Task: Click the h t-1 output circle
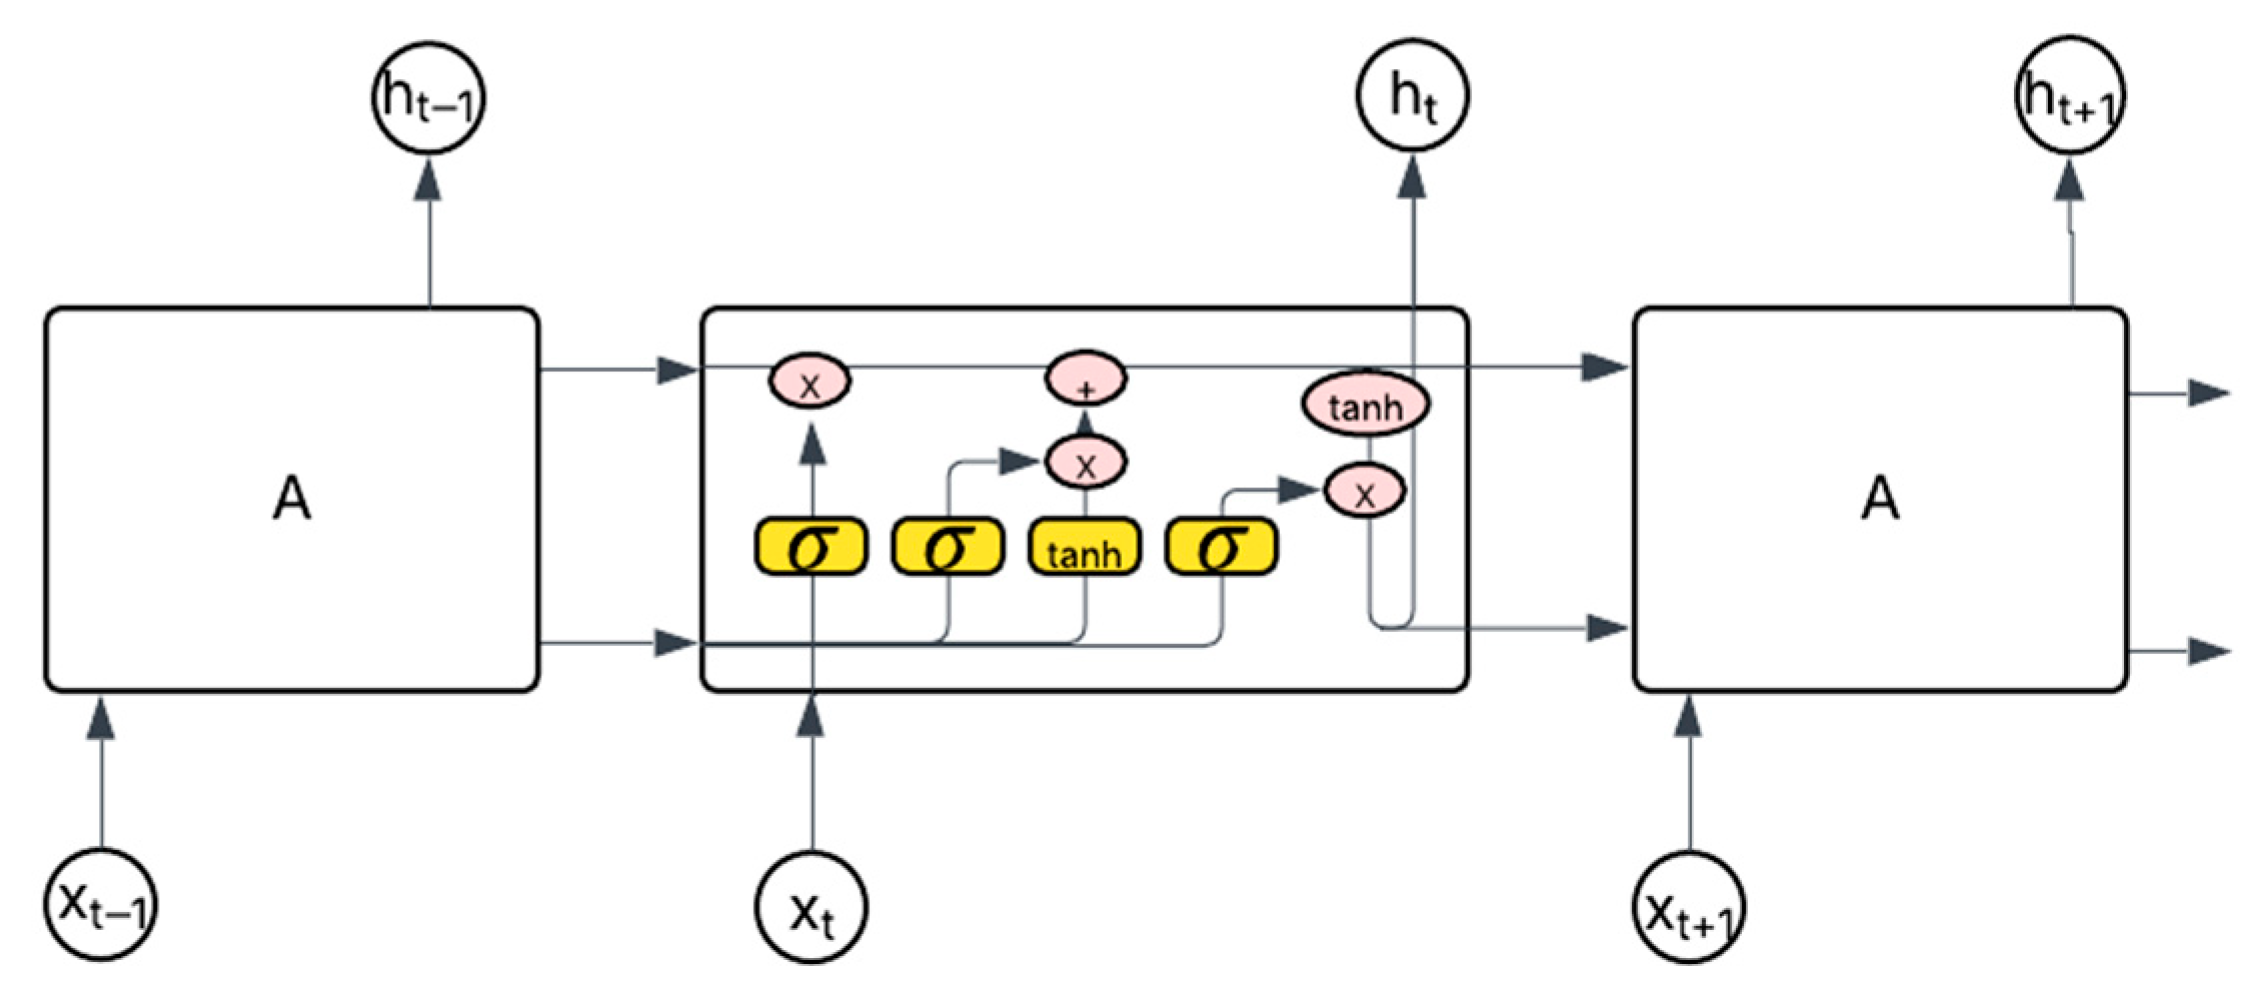(x=428, y=98)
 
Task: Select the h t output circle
(x=1412, y=96)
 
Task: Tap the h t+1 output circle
(x=2068, y=96)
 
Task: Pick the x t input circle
(x=811, y=908)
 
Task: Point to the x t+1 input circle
(x=1690, y=908)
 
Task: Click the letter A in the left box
(x=291, y=498)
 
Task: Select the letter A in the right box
(x=1880, y=498)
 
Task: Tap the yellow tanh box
(x=1085, y=547)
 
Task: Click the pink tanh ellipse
(x=1365, y=404)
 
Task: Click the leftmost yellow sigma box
(x=811, y=547)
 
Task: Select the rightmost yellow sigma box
(x=1222, y=547)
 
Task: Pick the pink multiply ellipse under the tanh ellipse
(x=1365, y=491)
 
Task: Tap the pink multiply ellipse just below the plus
(x=1086, y=463)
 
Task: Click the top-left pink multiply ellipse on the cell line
(x=810, y=382)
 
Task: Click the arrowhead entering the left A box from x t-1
(x=102, y=717)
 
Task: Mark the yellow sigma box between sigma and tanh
(x=948, y=547)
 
